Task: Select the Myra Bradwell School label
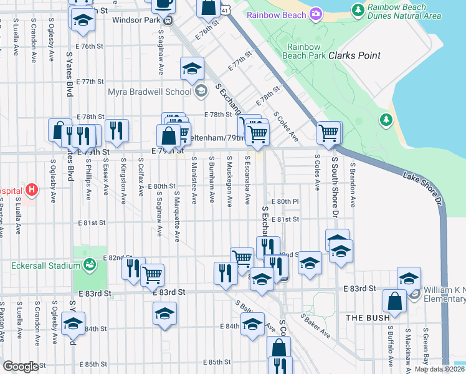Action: (150, 92)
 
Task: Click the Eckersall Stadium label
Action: (40, 266)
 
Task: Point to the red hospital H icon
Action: (31, 189)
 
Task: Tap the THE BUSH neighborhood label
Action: (364, 318)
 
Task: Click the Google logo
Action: (21, 366)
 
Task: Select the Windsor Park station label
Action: (136, 19)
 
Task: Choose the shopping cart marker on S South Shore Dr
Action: (328, 132)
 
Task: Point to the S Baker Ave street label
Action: (315, 325)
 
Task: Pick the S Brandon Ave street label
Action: (352, 185)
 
